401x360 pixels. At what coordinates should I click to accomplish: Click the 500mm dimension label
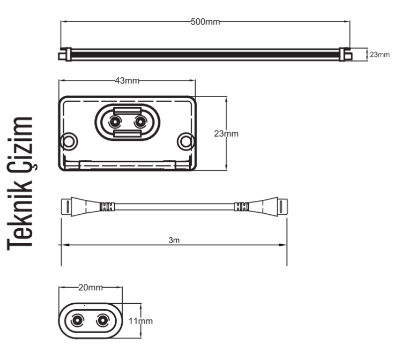pos(205,22)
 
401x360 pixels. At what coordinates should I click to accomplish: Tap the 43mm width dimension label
pos(127,81)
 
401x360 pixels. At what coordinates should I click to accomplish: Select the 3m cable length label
pos(174,240)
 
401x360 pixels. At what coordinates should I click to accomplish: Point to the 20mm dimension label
pos(91,288)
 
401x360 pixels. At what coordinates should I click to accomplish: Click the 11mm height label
pos(140,321)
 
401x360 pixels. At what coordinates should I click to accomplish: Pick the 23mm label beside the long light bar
pos(380,55)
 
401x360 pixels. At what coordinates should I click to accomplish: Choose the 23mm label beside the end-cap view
pos(226,133)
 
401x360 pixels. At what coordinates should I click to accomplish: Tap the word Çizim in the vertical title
pos(22,144)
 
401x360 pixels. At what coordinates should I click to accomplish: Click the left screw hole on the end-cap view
pos(69,141)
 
